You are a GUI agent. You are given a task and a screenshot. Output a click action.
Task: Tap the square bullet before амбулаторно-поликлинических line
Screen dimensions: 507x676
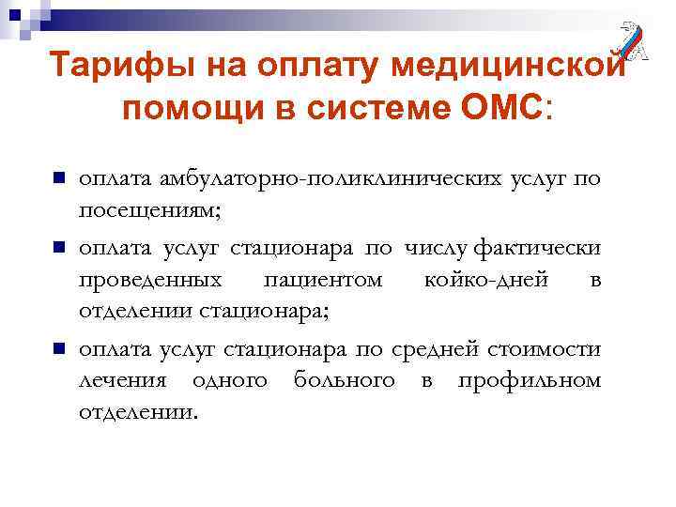(x=57, y=177)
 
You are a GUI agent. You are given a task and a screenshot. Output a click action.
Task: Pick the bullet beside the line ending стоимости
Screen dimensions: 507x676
(x=57, y=349)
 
